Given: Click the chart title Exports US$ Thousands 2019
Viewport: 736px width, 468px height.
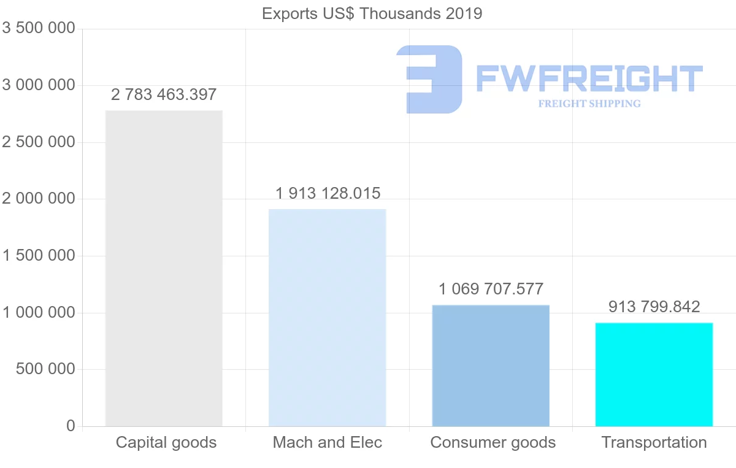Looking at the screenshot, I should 372,13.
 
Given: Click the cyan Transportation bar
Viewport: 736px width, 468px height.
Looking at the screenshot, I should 654,374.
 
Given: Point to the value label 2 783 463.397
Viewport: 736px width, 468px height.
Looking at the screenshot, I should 164,95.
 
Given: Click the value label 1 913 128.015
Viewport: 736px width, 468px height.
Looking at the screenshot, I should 328,194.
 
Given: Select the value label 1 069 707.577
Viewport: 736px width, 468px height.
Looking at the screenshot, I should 491,289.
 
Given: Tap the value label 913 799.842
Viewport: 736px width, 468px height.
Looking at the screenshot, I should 654,307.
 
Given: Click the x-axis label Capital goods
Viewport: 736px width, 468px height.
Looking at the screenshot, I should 166,442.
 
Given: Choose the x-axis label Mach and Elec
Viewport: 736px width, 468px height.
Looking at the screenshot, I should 328,442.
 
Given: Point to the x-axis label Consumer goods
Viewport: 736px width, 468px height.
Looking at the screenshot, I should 493,442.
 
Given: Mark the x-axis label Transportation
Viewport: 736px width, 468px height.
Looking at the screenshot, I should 654,442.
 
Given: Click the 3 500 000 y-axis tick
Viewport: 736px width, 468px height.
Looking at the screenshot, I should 39,28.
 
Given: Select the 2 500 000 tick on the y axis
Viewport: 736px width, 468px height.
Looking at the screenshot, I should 39,142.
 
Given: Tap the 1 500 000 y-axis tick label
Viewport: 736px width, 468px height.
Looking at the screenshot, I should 39,256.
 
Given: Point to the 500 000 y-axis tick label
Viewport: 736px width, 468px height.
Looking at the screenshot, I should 46,369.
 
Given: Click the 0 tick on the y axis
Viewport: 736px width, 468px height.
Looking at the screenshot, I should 71,426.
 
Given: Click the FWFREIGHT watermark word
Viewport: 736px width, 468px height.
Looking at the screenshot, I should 589,79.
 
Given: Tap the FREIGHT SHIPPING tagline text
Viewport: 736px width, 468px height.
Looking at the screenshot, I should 589,104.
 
